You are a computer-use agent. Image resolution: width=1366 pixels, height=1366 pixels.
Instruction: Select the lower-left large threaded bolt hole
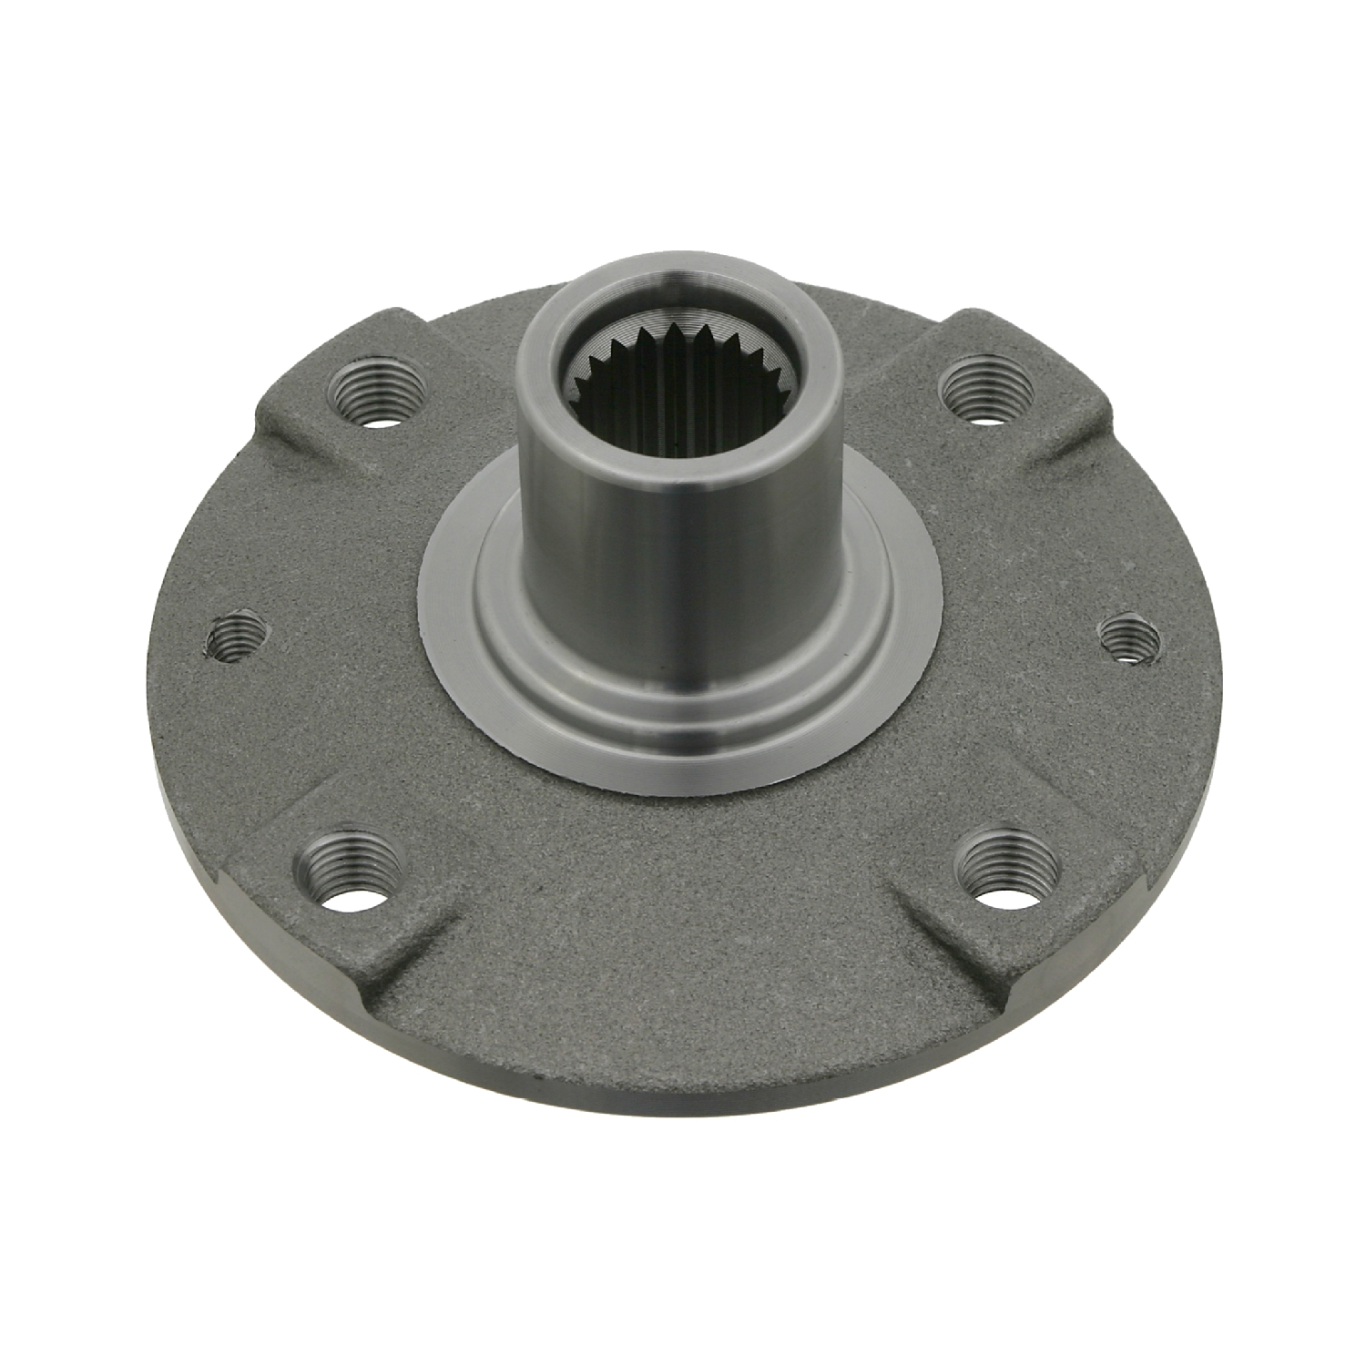pos(352,872)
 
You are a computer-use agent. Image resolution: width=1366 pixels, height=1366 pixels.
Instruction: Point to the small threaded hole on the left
pos(237,635)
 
